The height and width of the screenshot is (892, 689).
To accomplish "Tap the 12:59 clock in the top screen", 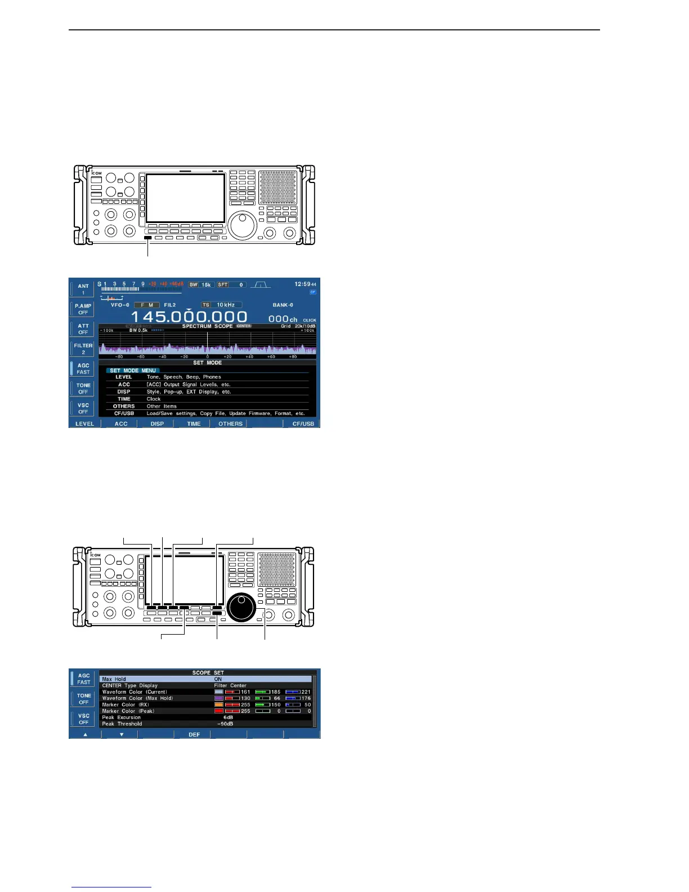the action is [x=302, y=284].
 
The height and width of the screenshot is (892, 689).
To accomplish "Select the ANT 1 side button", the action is [x=83, y=289].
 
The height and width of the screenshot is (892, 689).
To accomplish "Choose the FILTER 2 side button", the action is [x=83, y=349].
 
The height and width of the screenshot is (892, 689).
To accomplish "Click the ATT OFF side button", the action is [x=83, y=329].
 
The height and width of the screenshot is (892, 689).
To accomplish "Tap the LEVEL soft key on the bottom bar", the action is [x=85, y=423].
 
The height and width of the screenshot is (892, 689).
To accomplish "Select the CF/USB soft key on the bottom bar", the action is [x=303, y=423].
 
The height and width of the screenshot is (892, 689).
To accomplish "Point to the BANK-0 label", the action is [x=283, y=305].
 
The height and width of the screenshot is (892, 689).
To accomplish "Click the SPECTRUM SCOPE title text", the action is [x=207, y=326].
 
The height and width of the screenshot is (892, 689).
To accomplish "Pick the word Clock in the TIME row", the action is [x=154, y=399].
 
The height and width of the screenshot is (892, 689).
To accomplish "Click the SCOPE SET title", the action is [x=208, y=672].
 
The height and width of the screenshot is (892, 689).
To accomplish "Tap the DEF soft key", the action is [x=194, y=734].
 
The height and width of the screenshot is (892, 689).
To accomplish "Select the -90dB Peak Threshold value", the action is [x=225, y=724].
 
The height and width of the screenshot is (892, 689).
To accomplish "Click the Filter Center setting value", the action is [x=230, y=685].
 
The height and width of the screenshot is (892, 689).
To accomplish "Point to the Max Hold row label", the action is [x=114, y=679].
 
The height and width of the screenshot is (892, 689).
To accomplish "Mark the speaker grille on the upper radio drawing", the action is [x=278, y=188].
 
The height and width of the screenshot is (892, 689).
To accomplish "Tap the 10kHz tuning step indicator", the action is [x=225, y=305].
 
